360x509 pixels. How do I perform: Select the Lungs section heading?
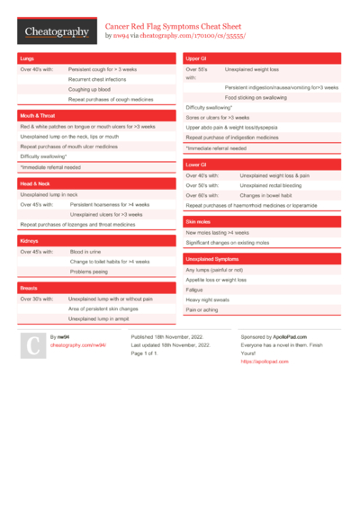click(27, 58)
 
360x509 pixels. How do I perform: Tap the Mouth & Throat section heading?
click(37, 117)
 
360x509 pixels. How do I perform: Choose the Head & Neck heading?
click(35, 183)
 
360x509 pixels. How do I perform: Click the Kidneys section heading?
click(29, 242)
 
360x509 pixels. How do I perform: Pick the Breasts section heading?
click(29, 288)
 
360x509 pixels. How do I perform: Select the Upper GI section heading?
click(197, 58)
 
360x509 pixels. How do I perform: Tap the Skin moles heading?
click(198, 221)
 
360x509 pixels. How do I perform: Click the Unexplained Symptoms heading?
click(212, 259)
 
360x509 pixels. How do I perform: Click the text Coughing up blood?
click(90, 89)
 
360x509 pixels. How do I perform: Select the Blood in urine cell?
click(86, 252)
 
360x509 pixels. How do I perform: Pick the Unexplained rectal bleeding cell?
click(269, 185)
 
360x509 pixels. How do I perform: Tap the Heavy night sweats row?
click(208, 299)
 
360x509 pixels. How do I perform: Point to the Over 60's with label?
click(202, 195)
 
